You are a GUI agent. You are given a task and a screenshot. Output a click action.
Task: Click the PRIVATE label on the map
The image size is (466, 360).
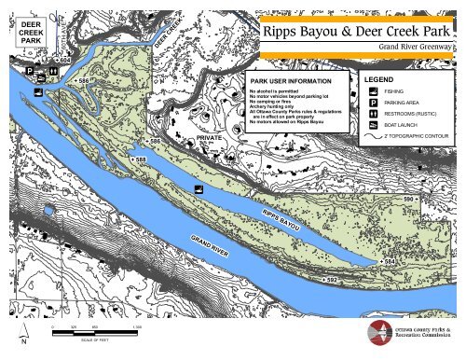pos(211,137)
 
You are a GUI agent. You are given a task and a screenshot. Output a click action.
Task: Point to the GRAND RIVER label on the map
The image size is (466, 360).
pos(210,245)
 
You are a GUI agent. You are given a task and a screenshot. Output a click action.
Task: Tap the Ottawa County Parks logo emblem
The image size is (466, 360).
pos(379,332)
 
